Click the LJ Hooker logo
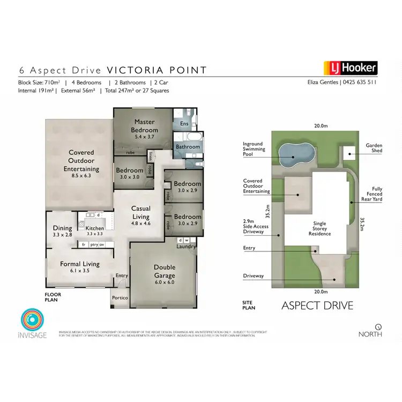351,68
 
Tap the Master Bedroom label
145,126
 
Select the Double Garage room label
165,272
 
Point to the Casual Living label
142,213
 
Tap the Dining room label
62,230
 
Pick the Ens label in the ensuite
184,124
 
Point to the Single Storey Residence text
320,229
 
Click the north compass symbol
378,326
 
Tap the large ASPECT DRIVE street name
317,306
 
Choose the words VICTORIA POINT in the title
157,70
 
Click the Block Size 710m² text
41,83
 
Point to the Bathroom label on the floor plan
188,147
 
